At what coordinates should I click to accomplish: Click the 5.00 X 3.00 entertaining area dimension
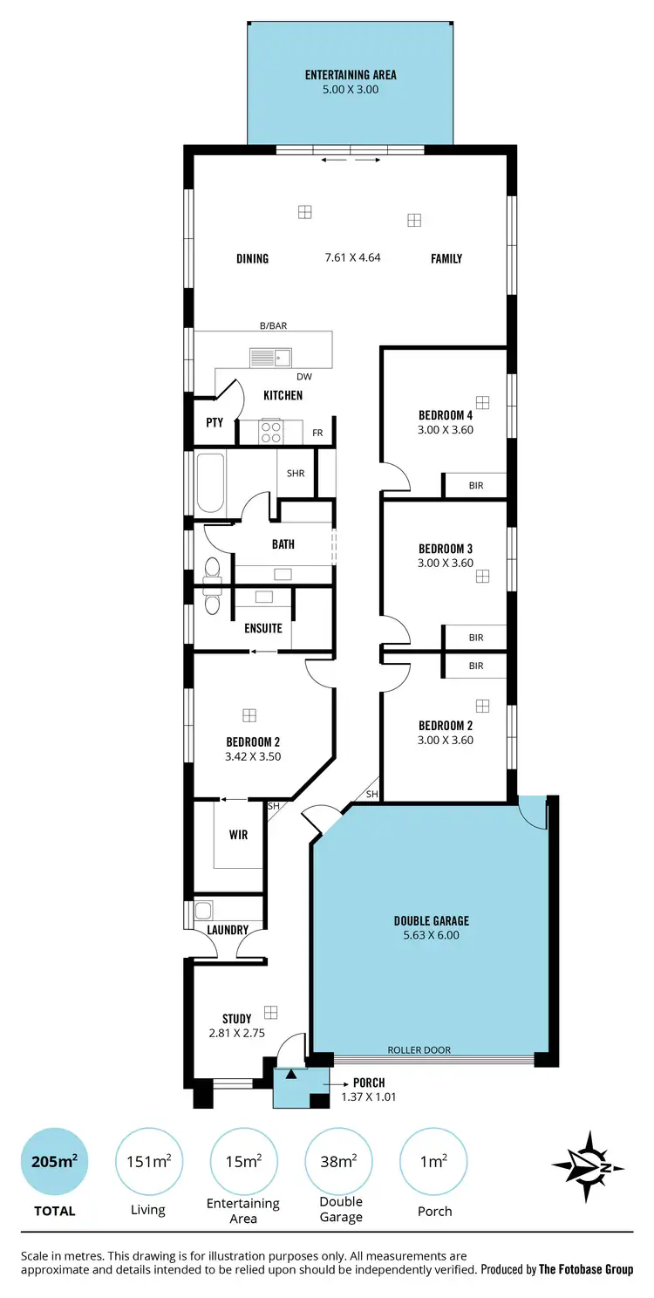pos(351,89)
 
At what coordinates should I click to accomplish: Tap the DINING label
pos(252,258)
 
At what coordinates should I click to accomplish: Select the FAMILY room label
pos(446,258)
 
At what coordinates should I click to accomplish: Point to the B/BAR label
pos(273,325)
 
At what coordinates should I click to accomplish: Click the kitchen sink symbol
pos(270,357)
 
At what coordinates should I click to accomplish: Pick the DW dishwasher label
pos(303,377)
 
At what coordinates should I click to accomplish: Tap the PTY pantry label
pos(215,422)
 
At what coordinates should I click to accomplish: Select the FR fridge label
pos(317,433)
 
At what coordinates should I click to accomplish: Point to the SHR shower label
pos(296,473)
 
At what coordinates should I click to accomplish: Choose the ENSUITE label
pos(262,628)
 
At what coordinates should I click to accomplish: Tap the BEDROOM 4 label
pos(445,415)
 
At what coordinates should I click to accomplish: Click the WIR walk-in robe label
pos(238,835)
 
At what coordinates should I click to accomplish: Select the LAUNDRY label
pos(228,930)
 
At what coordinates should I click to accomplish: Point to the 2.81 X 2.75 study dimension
pos(236,1033)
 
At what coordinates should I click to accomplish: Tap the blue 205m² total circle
pos(54,1162)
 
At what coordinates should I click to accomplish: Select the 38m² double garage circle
pos(338,1162)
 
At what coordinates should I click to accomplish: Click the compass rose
pos(588,1167)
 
